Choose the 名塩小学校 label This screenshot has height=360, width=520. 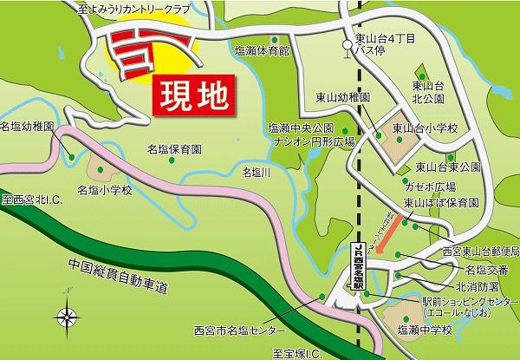point(105,189)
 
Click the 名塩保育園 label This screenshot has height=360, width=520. point(174,148)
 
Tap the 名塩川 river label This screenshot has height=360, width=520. point(258,171)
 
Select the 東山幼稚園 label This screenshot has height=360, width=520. point(341,97)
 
